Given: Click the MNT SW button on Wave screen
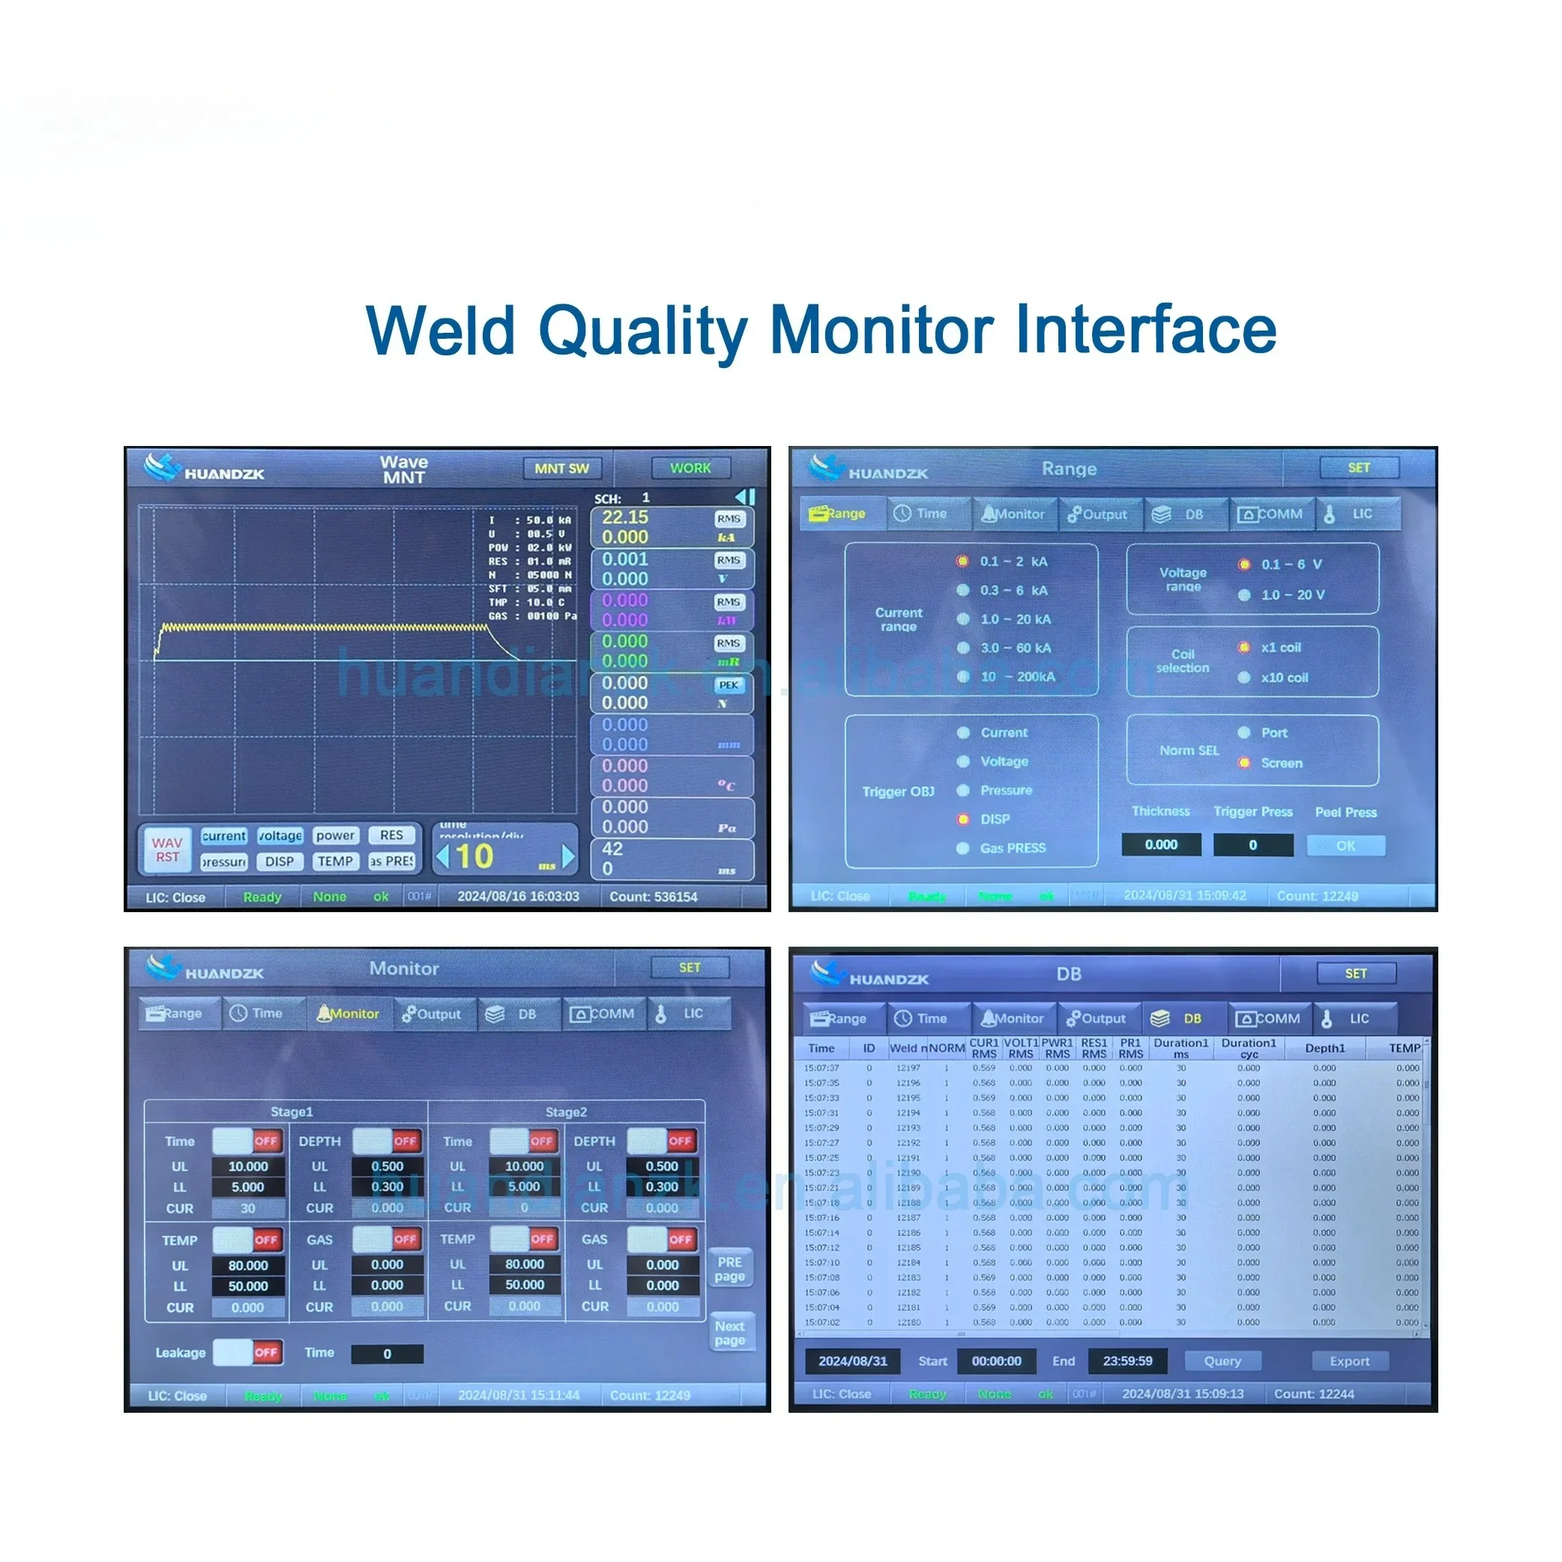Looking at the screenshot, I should tap(561, 468).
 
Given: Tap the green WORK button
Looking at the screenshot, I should tap(690, 468).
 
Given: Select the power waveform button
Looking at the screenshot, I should tap(335, 835).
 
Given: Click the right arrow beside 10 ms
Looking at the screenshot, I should tap(568, 856).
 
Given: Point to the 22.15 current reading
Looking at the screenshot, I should tap(625, 517).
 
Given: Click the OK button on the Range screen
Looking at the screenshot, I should tap(1345, 845).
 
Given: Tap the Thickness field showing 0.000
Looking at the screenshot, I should tap(1160, 845).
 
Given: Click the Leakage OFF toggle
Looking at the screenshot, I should tap(248, 1353).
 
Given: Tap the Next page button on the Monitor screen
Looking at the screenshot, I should tap(729, 1333).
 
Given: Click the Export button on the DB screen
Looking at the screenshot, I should tap(1349, 1361).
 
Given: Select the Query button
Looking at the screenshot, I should tap(1222, 1361).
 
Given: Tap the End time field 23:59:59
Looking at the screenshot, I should tap(1127, 1361).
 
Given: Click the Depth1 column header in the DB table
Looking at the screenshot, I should tap(1325, 1049).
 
